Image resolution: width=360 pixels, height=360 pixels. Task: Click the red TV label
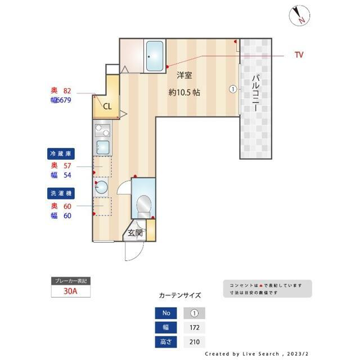tap(299, 55)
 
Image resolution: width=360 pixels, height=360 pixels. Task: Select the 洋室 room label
tap(184, 75)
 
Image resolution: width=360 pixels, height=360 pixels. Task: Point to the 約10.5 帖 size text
tap(184, 93)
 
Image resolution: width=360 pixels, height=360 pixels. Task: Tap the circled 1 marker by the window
tap(232, 89)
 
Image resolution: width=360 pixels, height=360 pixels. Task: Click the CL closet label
tap(107, 105)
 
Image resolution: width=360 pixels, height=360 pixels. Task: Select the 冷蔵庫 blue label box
tap(61, 153)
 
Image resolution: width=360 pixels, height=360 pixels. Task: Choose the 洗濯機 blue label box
tap(61, 193)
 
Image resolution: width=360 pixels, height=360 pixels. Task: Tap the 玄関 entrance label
tap(134, 232)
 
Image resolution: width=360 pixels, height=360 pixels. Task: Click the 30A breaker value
tap(70, 292)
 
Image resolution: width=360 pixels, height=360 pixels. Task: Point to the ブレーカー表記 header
tap(70, 281)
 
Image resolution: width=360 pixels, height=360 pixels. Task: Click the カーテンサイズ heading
tap(179, 295)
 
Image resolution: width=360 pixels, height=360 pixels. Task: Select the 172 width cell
tap(195, 327)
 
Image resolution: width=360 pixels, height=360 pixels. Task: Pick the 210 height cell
tap(195, 341)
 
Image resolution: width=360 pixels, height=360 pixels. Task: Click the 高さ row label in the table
tap(165, 341)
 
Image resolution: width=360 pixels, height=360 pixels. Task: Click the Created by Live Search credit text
tap(256, 354)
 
